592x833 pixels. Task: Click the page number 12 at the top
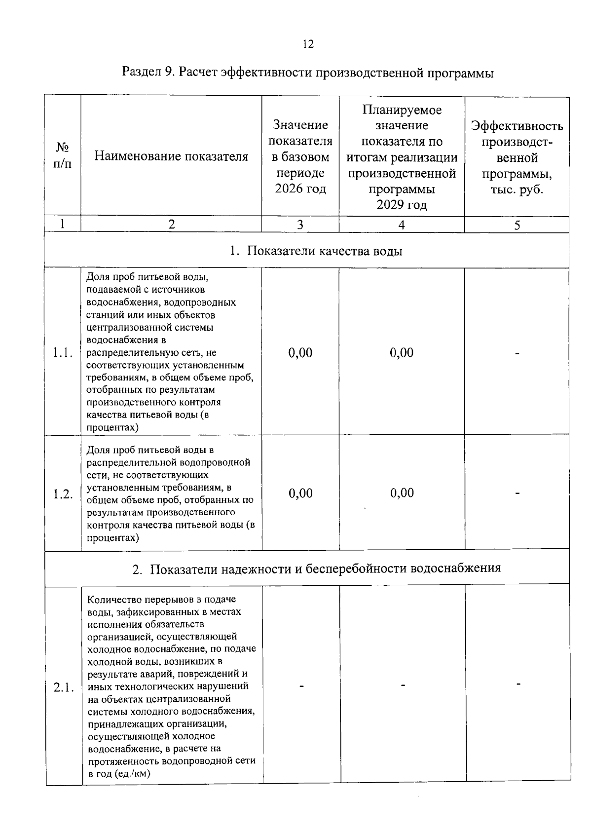307,44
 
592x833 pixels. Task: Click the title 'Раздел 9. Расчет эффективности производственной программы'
308,73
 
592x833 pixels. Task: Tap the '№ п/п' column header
62,155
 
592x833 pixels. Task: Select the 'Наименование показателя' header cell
171,156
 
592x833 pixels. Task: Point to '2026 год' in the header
300,189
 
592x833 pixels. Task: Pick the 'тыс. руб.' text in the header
517,190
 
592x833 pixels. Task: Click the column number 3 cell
300,225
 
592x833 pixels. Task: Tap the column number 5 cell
517,225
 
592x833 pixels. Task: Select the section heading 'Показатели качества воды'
324,251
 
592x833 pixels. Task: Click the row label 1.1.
63,353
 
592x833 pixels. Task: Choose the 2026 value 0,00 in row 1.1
300,352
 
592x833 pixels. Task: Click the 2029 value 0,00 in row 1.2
402,492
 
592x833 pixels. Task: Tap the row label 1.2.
63,494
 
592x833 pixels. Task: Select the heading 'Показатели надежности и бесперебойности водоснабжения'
325,568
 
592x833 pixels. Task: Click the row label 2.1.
64,687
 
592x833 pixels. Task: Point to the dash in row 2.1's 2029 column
403,685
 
